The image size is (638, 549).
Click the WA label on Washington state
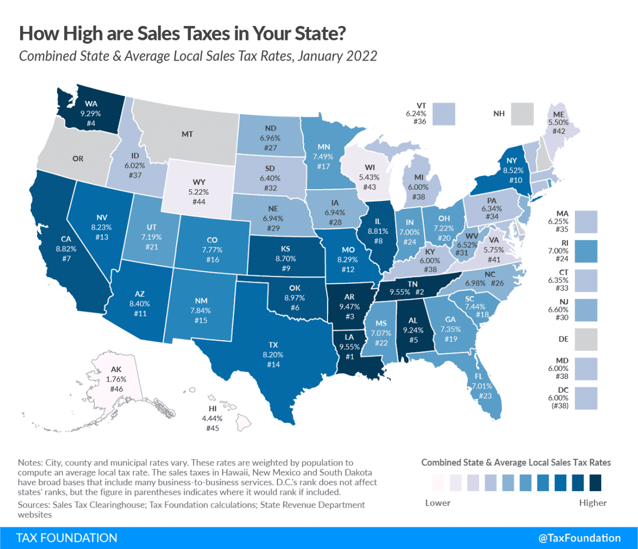(x=90, y=104)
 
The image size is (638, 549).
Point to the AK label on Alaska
(x=116, y=370)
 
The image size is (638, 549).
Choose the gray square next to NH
(x=522, y=114)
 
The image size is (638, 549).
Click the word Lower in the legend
(x=438, y=502)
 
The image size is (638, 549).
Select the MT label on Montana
(x=187, y=135)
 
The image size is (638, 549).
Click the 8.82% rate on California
(x=51, y=248)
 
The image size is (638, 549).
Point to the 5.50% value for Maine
(x=558, y=122)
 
